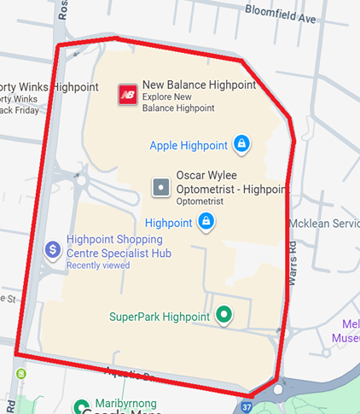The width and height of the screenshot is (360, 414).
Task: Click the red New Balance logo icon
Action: pos(128,94)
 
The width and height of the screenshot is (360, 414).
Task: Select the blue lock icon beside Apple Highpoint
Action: pos(241,144)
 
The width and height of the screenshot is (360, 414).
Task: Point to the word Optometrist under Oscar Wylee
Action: pos(200,202)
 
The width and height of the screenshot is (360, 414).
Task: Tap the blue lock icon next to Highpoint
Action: pos(206,222)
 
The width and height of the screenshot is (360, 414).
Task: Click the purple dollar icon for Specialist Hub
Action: pos(52,250)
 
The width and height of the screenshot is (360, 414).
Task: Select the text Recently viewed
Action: pos(98,265)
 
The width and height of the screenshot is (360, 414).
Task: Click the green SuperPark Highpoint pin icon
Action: pos(224,315)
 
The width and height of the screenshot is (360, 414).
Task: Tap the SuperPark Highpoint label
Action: pos(160,317)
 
